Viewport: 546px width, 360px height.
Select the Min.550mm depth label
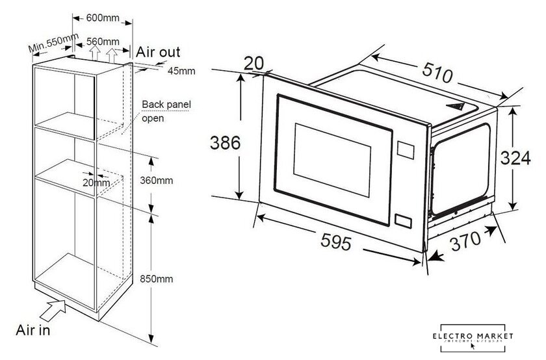click(x=54, y=43)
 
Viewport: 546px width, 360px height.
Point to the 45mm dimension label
click(x=181, y=71)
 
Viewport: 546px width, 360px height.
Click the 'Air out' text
click(x=157, y=51)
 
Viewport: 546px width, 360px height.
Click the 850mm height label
click(x=156, y=279)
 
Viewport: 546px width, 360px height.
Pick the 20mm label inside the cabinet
click(x=96, y=183)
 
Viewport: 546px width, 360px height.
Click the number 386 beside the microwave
click(x=225, y=142)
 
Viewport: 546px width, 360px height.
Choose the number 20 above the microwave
click(x=255, y=62)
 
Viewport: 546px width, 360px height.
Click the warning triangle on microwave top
click(x=458, y=104)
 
